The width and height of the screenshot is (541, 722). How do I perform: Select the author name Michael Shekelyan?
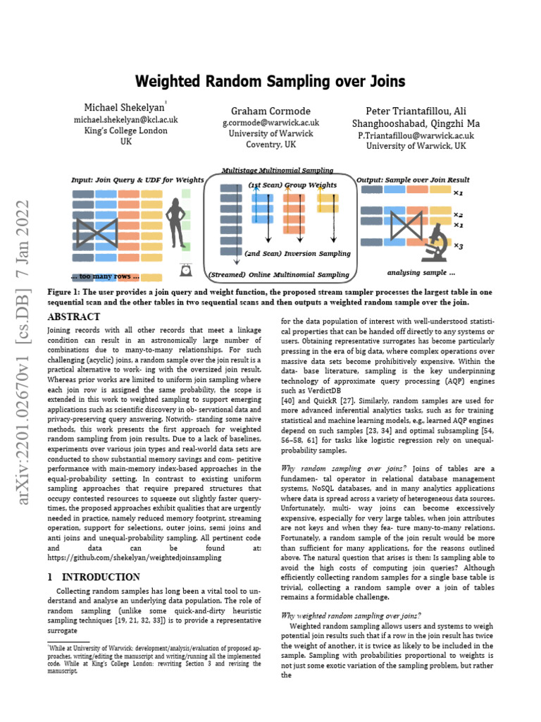[x=123, y=107]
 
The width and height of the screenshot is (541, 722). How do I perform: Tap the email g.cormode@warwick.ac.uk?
[x=270, y=123]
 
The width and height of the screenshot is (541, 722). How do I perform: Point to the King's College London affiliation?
[x=126, y=130]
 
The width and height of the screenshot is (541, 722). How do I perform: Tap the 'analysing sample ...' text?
[x=421, y=272]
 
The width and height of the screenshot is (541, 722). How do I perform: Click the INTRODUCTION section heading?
[x=97, y=576]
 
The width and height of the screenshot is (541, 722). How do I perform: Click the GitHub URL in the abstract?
[x=134, y=557]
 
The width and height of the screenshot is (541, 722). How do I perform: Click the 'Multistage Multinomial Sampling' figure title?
[x=277, y=171]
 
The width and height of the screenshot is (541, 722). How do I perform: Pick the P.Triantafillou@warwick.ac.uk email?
[x=416, y=135]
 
